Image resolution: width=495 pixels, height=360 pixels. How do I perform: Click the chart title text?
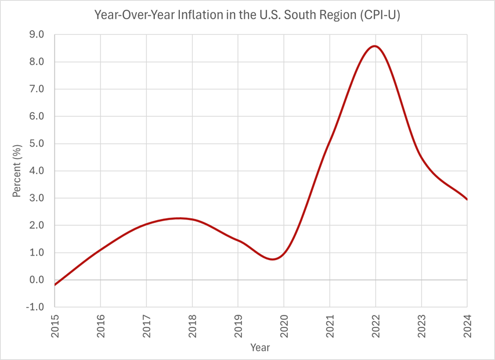(247, 16)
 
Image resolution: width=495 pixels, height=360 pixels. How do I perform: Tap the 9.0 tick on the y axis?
(37, 35)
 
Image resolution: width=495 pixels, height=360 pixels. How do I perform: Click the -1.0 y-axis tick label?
(36, 307)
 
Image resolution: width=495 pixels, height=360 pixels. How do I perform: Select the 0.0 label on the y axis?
(37, 280)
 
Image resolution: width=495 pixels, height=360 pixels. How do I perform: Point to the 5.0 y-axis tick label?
(37, 143)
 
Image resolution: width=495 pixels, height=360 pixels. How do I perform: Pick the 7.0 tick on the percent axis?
(37, 89)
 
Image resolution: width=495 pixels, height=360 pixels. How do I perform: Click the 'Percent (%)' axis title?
(17, 171)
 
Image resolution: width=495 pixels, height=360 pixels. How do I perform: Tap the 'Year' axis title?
(260, 347)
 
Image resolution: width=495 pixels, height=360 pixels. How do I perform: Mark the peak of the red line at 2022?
(375, 46)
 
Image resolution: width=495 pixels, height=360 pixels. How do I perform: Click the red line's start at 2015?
(55, 285)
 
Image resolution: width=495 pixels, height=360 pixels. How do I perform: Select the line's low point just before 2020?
(273, 260)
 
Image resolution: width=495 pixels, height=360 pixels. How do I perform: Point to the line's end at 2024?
(467, 199)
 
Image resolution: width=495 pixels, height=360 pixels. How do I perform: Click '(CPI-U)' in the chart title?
(380, 16)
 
